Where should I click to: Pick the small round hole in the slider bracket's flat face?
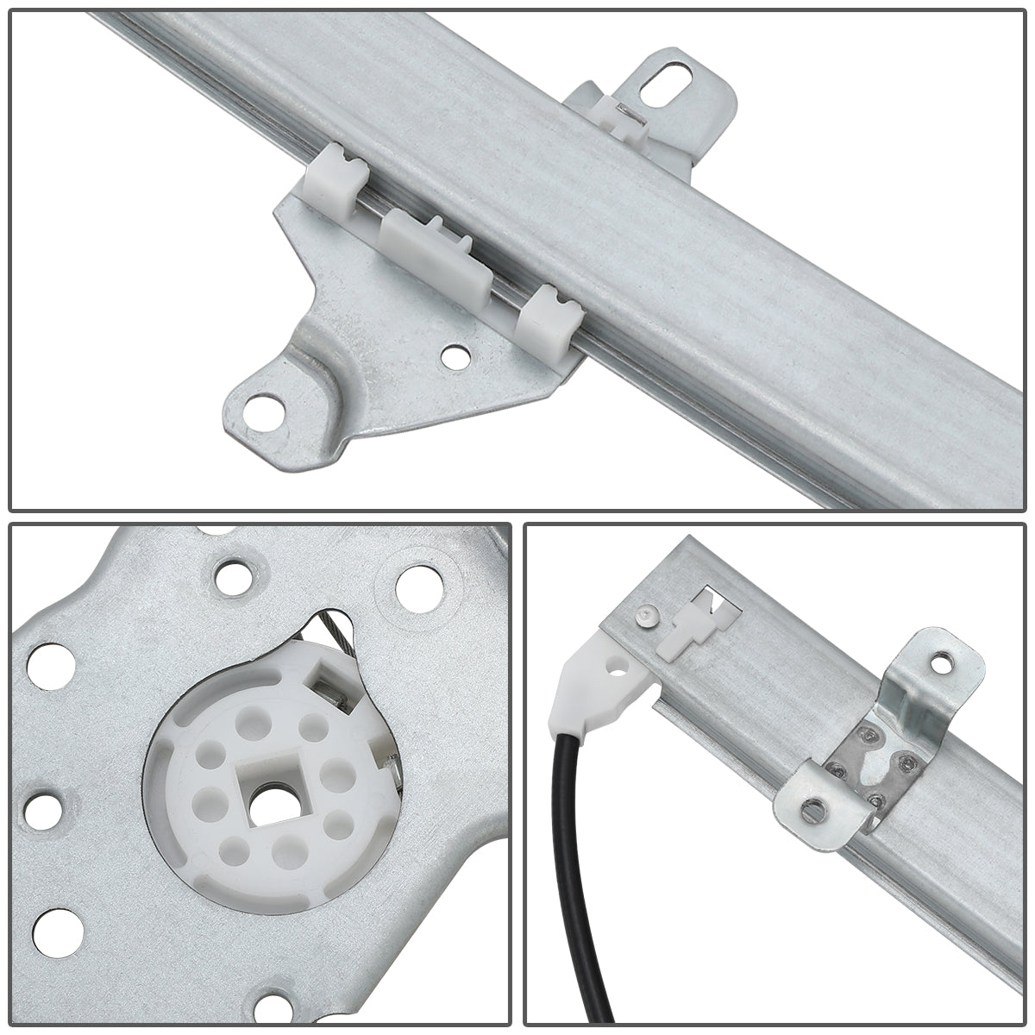449,354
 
